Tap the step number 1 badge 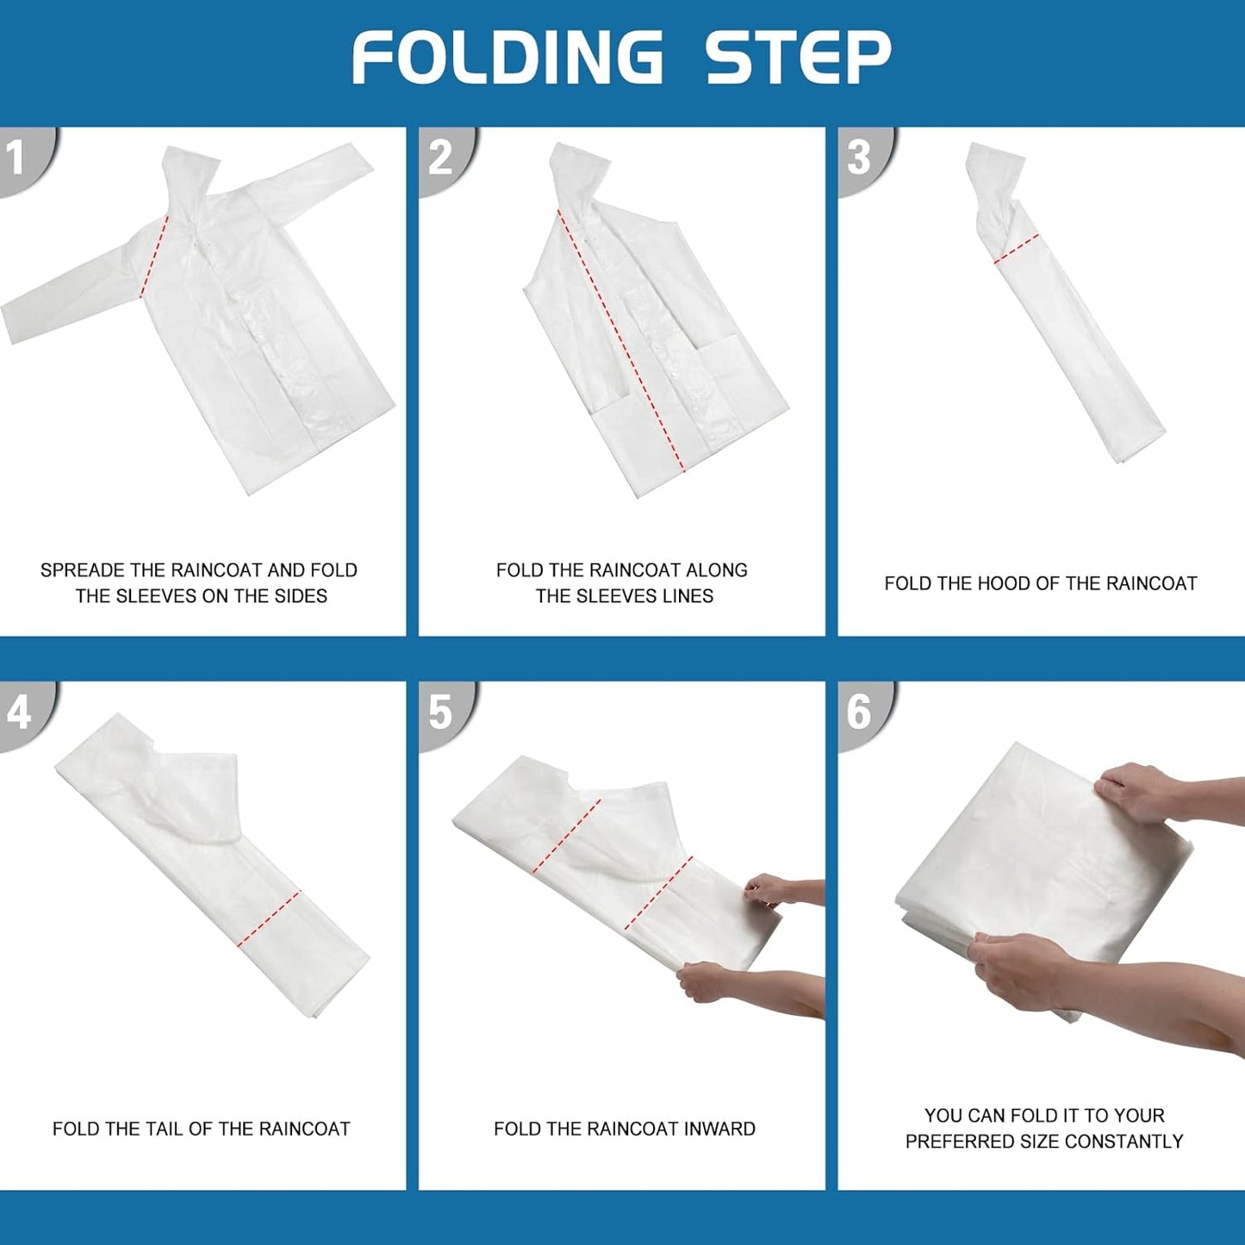point(26,160)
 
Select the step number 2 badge point(445,160)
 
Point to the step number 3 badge point(863,160)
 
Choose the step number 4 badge point(26,716)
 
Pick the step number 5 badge point(445,716)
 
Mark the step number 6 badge point(863,716)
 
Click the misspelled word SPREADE point(82,570)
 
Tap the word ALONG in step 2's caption point(717,570)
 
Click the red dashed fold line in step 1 point(153,255)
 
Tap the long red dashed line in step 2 point(621,340)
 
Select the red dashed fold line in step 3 point(1017,249)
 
